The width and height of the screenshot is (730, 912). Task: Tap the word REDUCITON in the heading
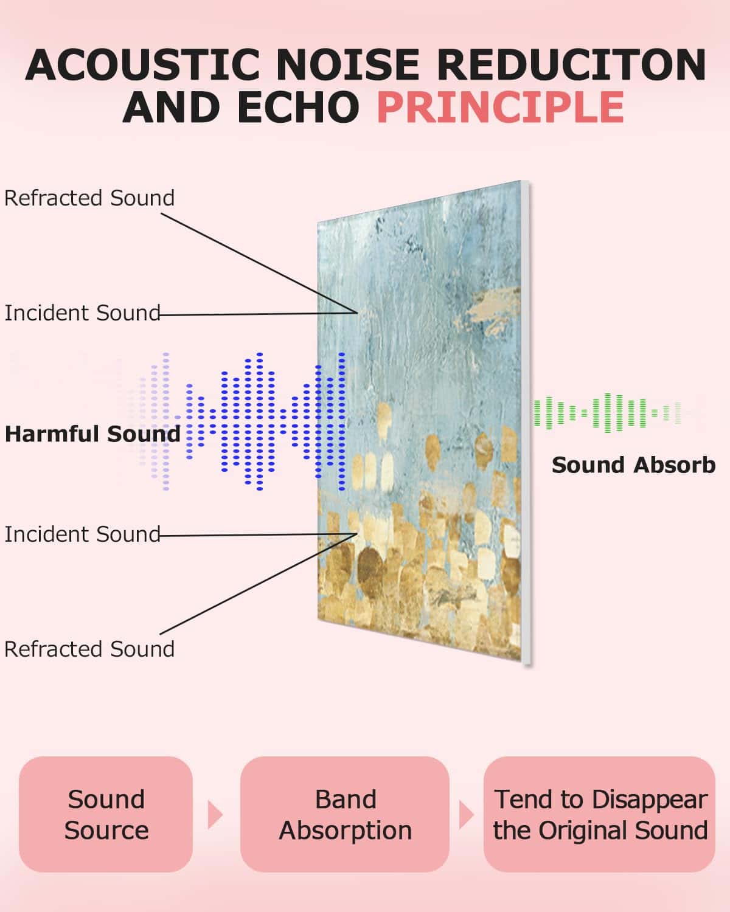(x=571, y=64)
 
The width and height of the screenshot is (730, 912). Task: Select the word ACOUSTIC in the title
(x=142, y=64)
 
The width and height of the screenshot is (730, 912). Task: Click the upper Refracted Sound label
(x=89, y=198)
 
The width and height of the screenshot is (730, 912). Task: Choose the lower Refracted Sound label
(x=89, y=649)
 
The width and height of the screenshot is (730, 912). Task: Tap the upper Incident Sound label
(x=82, y=313)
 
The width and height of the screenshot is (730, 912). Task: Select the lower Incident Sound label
(x=82, y=534)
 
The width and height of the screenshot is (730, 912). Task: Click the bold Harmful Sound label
(x=92, y=434)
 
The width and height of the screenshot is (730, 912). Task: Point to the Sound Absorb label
(x=634, y=465)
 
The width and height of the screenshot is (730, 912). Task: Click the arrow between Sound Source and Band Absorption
(x=215, y=815)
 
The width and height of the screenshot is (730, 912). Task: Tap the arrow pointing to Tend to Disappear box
(x=466, y=815)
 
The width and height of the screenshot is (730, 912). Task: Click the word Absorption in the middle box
(x=346, y=831)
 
